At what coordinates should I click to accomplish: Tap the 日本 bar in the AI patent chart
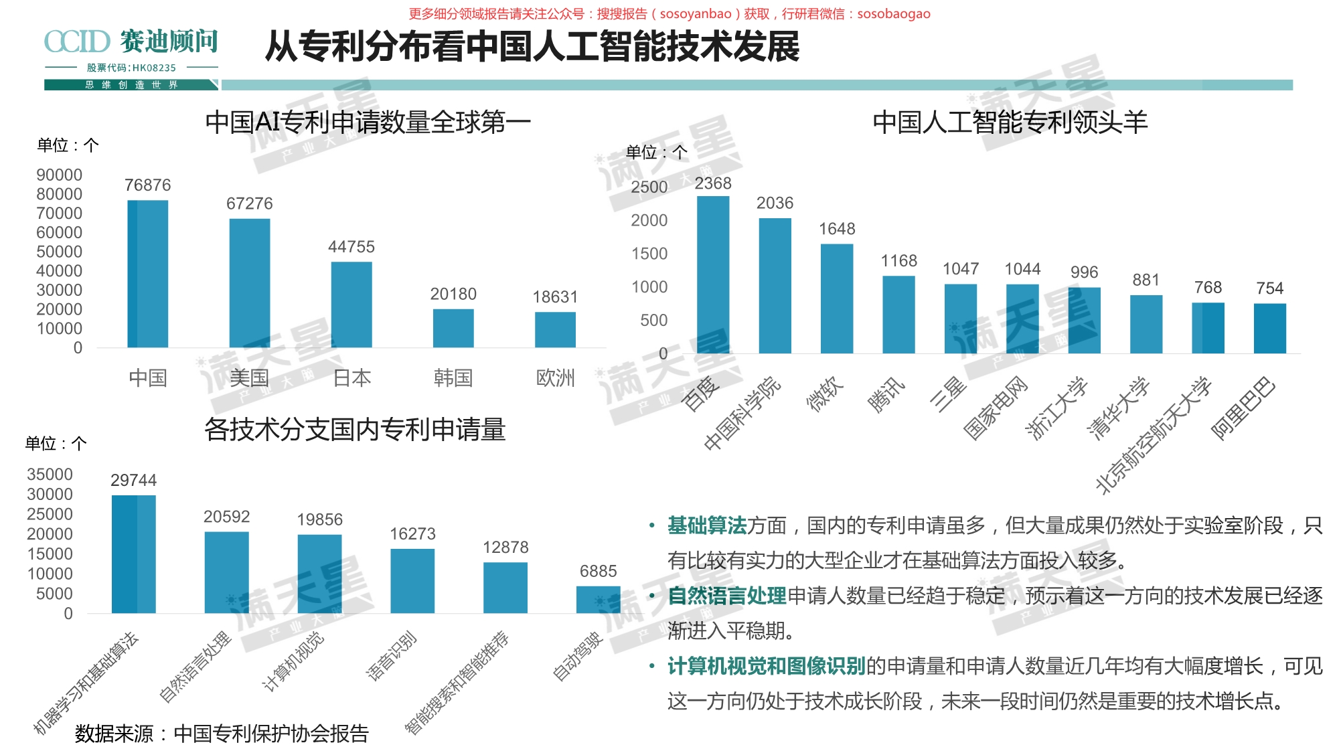(351, 305)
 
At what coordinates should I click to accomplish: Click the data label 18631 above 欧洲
(555, 297)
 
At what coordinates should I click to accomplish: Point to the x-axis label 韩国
(453, 378)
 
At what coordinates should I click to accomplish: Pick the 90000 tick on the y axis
(60, 175)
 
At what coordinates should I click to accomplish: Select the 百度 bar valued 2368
(713, 274)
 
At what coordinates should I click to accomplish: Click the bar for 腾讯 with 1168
(898, 315)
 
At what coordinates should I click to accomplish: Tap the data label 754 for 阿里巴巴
(1269, 288)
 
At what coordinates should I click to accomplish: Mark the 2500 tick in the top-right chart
(649, 187)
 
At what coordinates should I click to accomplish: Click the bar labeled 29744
(134, 554)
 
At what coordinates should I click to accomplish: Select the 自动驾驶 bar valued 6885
(598, 600)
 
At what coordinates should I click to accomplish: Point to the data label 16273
(412, 534)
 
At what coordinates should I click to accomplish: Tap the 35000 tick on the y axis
(50, 475)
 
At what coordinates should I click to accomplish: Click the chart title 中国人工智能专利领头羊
(1010, 122)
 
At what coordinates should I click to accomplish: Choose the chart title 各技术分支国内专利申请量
(355, 430)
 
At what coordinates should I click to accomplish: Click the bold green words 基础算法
(707, 526)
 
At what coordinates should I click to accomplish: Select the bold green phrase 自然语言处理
(727, 596)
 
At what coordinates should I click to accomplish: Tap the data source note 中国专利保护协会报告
(222, 734)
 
